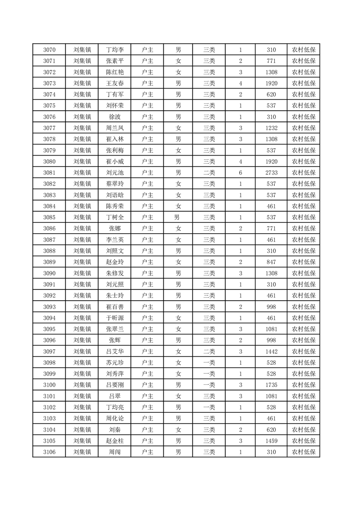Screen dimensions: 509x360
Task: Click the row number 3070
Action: [x=49, y=50]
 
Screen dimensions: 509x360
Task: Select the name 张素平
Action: [x=114, y=61]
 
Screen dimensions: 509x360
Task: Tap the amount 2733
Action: [x=271, y=173]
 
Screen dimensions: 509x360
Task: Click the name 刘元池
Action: [x=114, y=173]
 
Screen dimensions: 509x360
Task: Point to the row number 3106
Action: [x=49, y=452]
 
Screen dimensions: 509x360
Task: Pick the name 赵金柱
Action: [x=114, y=441]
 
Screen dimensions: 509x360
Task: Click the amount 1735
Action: [x=271, y=385]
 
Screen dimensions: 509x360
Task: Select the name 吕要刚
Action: [x=114, y=385]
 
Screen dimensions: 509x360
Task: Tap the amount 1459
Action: [x=271, y=441]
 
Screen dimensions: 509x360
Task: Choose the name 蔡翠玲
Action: [x=114, y=184]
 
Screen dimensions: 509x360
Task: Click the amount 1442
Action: [x=271, y=352]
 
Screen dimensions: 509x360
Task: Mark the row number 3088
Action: [x=49, y=251]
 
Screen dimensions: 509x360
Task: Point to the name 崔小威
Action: [x=114, y=162]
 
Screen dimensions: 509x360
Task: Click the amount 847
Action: [x=271, y=262]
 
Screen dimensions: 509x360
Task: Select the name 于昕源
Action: [x=114, y=318]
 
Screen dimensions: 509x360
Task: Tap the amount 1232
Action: [x=271, y=128]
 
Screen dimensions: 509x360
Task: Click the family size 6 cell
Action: [x=240, y=173]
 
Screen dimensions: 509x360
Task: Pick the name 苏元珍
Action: [x=114, y=362]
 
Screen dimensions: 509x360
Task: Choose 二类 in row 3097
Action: [x=209, y=352]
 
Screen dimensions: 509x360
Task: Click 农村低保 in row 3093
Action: [x=304, y=307]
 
